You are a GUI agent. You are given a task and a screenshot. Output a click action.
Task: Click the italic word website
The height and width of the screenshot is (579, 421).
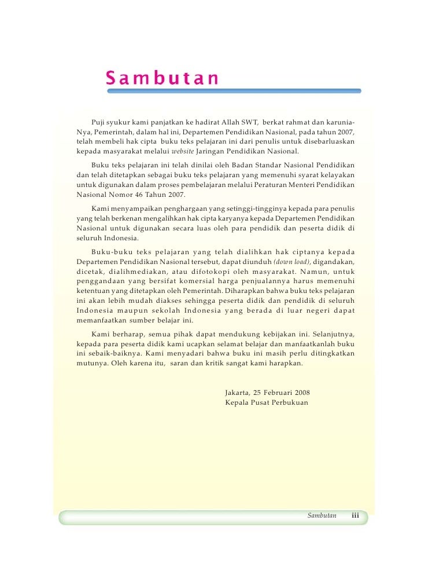tap(183, 152)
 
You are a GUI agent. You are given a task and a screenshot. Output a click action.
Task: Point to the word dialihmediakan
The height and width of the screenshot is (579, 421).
tap(136, 272)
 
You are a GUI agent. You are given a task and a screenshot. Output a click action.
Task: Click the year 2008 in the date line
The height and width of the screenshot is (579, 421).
tap(300, 393)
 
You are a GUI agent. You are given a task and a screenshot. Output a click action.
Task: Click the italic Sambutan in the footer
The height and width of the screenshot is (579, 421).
tap(322, 515)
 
